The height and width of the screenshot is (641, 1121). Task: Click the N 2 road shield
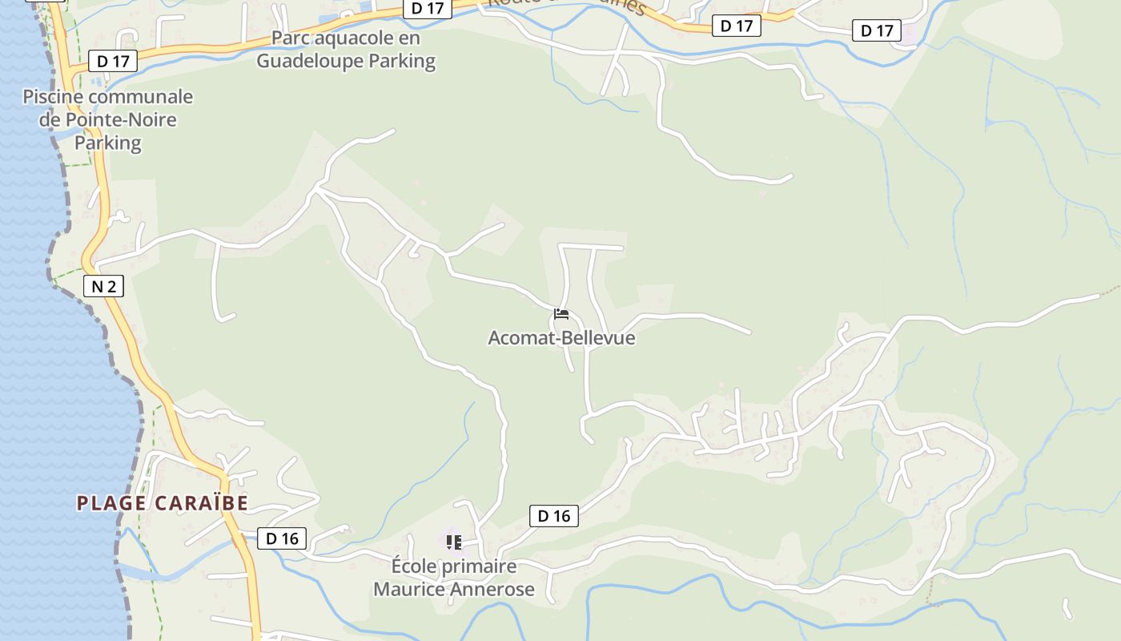coord(103,285)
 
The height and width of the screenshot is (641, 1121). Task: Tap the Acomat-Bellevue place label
coord(561,337)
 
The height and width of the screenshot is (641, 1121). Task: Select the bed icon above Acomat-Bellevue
coord(561,314)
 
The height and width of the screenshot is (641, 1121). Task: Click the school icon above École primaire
coord(453,542)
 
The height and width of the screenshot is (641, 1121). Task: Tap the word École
coord(413,566)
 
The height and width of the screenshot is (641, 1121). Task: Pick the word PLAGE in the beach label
coord(111,503)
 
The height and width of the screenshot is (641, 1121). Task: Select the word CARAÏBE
coord(201,503)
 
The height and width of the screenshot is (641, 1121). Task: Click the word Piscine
coord(52,97)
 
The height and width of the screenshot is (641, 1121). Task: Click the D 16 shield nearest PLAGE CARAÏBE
coord(282,538)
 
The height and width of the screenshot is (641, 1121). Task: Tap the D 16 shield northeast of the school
coord(553,516)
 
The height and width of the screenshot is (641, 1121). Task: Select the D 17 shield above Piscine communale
coord(113,61)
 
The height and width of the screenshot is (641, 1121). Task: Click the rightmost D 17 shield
coord(876,31)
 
